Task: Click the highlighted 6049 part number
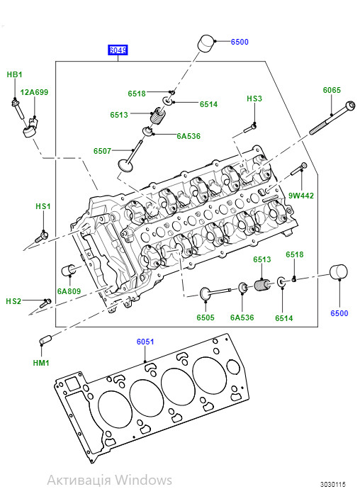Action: [118, 50]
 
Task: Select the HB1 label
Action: [15, 74]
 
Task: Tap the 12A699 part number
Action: [34, 92]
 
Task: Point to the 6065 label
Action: [332, 90]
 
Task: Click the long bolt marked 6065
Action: [332, 118]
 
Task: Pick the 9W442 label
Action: [301, 196]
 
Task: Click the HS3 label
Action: [254, 99]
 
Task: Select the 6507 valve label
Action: [102, 151]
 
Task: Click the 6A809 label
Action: [69, 291]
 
